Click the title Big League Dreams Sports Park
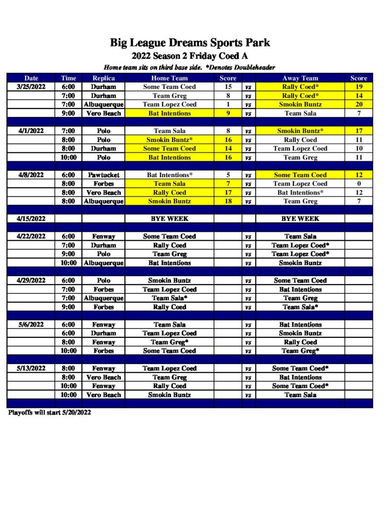tap(190, 43)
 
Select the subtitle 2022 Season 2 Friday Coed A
tap(190, 56)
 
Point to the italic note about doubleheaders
tap(189, 67)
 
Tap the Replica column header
tap(104, 78)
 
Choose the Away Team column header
tap(300, 78)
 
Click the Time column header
tap(69, 78)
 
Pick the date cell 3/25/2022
tap(31, 87)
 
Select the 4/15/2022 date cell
tap(31, 218)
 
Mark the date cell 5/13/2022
tap(31, 368)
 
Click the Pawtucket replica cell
tap(104, 175)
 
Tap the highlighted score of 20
tap(358, 105)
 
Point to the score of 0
tap(358, 183)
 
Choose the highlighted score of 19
tap(358, 87)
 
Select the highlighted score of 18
tap(228, 201)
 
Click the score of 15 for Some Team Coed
tap(228, 87)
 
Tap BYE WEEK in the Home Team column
tap(169, 218)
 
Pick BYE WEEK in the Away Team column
tap(300, 218)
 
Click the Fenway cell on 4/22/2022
tap(104, 236)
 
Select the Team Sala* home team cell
tap(169, 298)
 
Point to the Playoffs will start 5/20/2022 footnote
tap(49, 412)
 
